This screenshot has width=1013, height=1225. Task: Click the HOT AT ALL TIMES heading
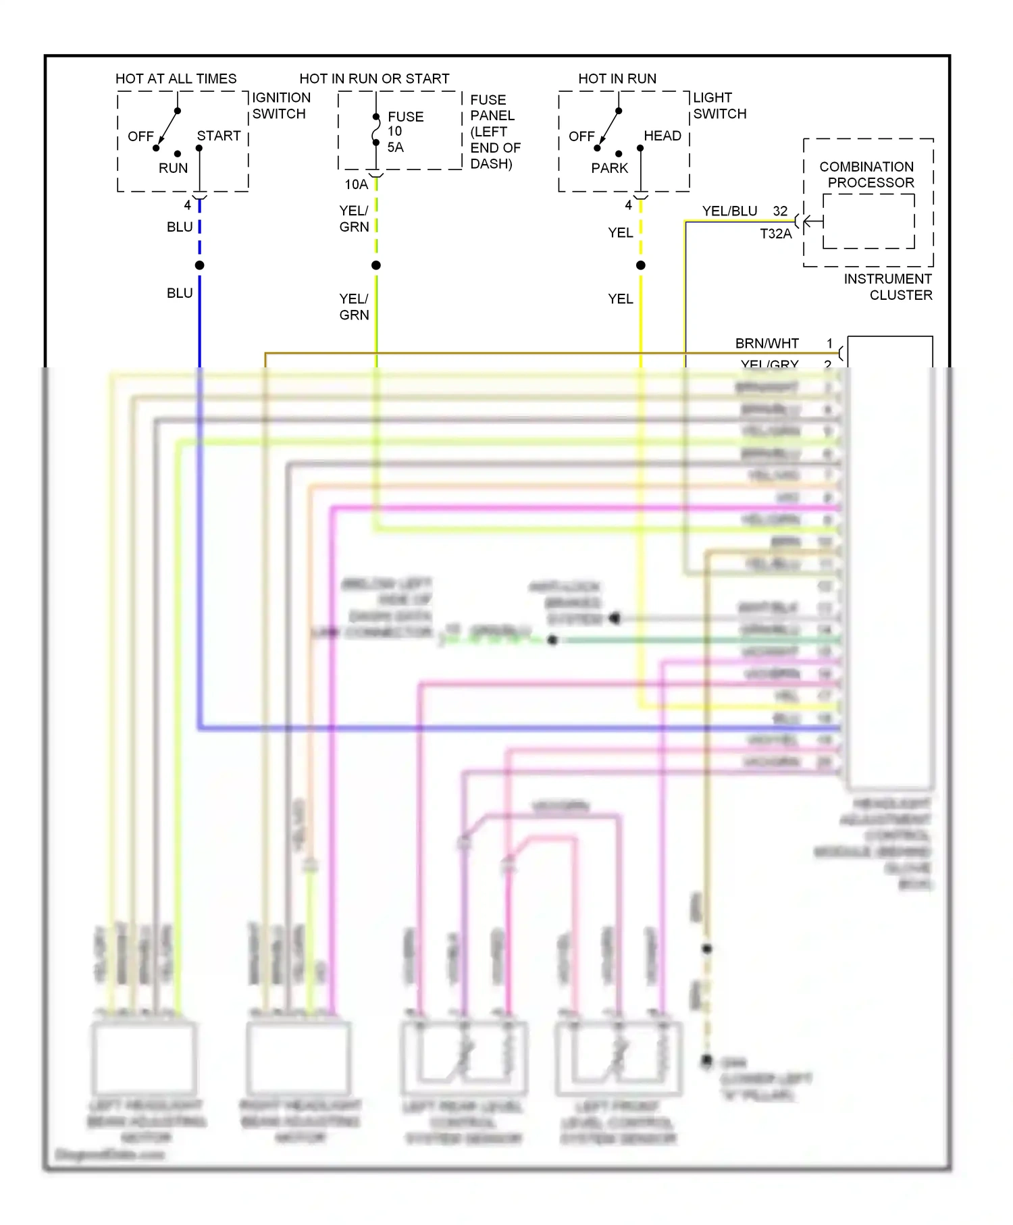coord(176,78)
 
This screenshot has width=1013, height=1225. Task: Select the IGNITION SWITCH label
coord(281,106)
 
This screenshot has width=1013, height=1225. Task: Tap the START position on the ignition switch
coord(218,136)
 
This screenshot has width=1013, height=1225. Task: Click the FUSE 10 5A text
coord(405,132)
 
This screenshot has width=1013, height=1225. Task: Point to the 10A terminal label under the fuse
coord(356,184)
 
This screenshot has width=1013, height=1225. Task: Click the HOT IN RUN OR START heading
coord(374,78)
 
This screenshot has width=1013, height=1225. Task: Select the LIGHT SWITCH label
coord(719,106)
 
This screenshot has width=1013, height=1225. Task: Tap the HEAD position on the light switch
coord(662,136)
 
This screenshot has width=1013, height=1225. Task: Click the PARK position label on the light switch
coord(609,168)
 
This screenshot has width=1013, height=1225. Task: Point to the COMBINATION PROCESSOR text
coord(867,174)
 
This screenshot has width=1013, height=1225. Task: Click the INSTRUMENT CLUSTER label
coord(888,287)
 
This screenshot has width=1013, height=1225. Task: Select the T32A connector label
coord(775,234)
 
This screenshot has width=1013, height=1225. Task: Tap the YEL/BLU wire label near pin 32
coord(729,211)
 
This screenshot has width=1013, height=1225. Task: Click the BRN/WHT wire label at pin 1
coord(767,343)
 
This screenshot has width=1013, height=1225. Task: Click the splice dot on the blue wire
coord(200,265)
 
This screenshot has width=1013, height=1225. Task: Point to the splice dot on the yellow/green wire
coord(376,265)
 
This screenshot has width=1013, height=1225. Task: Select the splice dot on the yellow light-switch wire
coord(641,265)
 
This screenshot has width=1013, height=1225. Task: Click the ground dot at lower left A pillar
coord(706,1060)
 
